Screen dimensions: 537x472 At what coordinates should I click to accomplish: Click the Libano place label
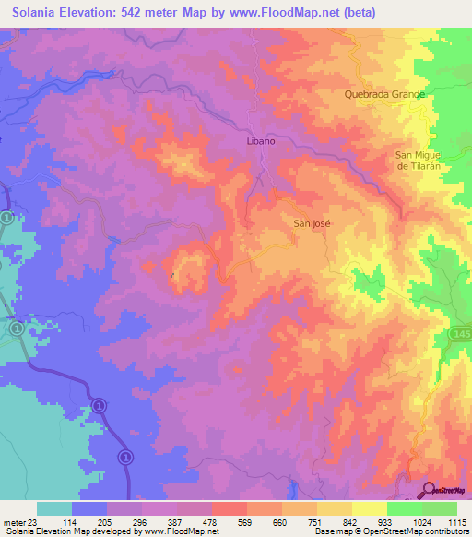coord(262,143)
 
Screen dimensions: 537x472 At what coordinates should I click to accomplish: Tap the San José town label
coord(311,223)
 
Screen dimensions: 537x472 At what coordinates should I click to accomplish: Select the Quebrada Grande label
coord(383,94)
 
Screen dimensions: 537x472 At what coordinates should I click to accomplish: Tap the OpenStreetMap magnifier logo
coord(428,489)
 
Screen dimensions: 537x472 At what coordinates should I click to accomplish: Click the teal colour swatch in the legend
coord(54,508)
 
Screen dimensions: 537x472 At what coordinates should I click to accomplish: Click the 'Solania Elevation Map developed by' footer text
coord(66,531)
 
